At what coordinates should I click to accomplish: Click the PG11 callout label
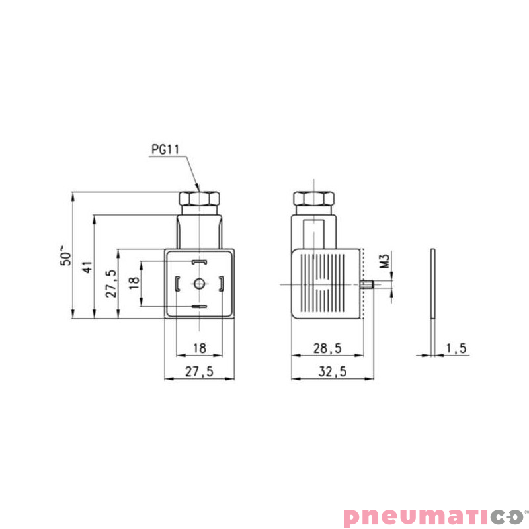coord(165,149)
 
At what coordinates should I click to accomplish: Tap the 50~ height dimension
coord(66,256)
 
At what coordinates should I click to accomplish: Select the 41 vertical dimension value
coord(87,267)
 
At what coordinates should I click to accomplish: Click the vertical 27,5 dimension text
coord(111,284)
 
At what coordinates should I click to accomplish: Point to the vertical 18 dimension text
coord(134,283)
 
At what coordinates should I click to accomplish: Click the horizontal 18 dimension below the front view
coord(200,348)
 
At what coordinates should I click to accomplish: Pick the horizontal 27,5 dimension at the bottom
coord(199,372)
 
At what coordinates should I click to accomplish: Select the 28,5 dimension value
coord(327,348)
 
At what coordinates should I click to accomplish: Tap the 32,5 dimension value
coord(333,372)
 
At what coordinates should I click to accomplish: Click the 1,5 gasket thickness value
coord(456,348)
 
